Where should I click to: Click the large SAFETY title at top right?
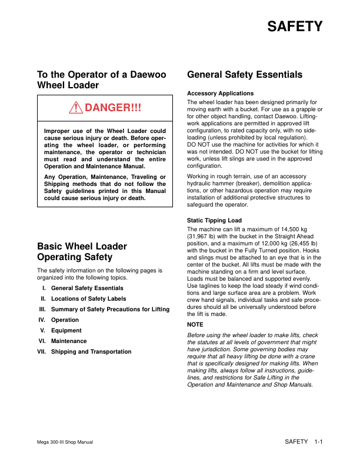294,27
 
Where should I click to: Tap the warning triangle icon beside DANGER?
76,108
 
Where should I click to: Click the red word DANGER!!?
112,108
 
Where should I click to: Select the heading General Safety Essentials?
244,75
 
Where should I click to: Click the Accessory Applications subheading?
220,94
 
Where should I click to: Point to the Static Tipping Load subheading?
214,221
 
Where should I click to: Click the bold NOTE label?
195,324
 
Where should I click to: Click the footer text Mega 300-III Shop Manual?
64,442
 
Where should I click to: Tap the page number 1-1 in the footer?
319,441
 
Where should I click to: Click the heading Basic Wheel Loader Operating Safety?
82,251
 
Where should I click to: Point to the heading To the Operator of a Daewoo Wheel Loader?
101,80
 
